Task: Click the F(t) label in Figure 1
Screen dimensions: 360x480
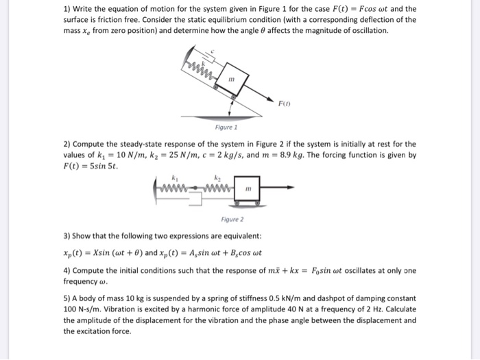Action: pyautogui.click(x=283, y=104)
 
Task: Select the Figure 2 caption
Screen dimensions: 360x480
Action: pyautogui.click(x=232, y=219)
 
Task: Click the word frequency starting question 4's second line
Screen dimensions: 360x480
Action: pyautogui.click(x=81, y=281)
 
